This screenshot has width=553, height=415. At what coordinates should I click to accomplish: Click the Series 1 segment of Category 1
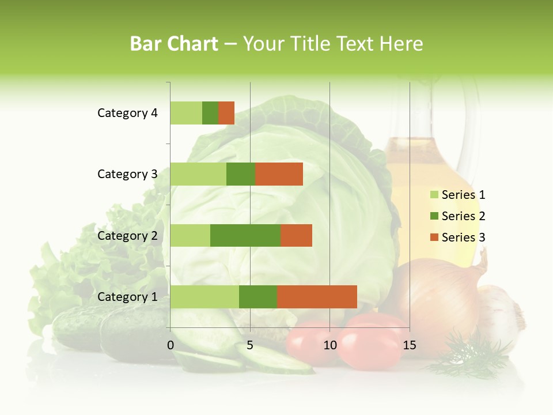click(204, 297)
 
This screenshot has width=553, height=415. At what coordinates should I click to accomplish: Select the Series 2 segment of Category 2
click(245, 235)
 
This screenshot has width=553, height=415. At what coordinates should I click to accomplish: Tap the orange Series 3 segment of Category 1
click(317, 297)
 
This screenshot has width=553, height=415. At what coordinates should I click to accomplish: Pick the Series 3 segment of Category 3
click(279, 174)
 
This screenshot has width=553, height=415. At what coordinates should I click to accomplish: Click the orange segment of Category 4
click(226, 113)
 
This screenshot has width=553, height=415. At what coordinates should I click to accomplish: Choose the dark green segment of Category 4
click(210, 113)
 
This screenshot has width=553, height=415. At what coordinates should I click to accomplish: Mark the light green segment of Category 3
click(198, 174)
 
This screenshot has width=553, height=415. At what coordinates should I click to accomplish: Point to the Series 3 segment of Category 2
click(296, 235)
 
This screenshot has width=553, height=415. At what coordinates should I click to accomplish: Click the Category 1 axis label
click(127, 297)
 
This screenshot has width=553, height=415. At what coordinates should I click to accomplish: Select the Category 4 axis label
click(127, 113)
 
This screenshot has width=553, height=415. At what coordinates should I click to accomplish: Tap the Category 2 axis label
click(127, 236)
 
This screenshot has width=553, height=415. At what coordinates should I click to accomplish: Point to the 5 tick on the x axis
click(250, 345)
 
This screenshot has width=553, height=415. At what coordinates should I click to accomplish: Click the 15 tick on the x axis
click(409, 345)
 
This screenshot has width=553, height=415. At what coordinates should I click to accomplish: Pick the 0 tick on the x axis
click(171, 345)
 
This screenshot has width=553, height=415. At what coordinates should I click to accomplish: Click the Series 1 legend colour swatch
click(434, 195)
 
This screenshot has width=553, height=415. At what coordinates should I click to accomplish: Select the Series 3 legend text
click(463, 237)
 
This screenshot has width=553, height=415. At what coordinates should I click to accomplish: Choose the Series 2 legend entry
click(457, 216)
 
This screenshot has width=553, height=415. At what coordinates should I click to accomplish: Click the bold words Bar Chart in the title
click(174, 44)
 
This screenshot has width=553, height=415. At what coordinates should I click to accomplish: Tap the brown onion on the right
click(438, 294)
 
